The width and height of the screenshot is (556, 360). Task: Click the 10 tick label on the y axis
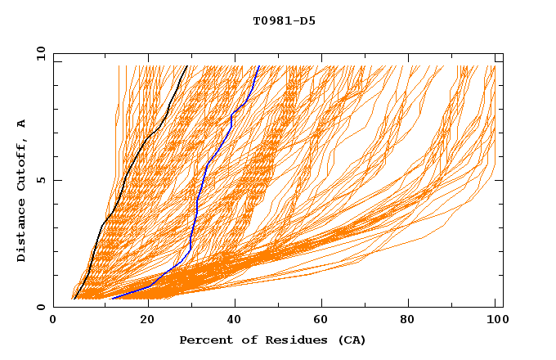[x=40, y=53]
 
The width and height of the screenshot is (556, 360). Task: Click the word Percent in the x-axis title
[x=204, y=340]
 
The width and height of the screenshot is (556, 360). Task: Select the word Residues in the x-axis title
[x=292, y=340]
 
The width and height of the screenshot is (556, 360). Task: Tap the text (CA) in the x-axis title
[x=352, y=340]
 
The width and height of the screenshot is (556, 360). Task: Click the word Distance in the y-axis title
[x=22, y=230]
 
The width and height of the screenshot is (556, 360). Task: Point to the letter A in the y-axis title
[x=22, y=124]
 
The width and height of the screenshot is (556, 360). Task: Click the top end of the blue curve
[x=259, y=66]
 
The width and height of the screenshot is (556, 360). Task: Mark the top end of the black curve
[x=187, y=66]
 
